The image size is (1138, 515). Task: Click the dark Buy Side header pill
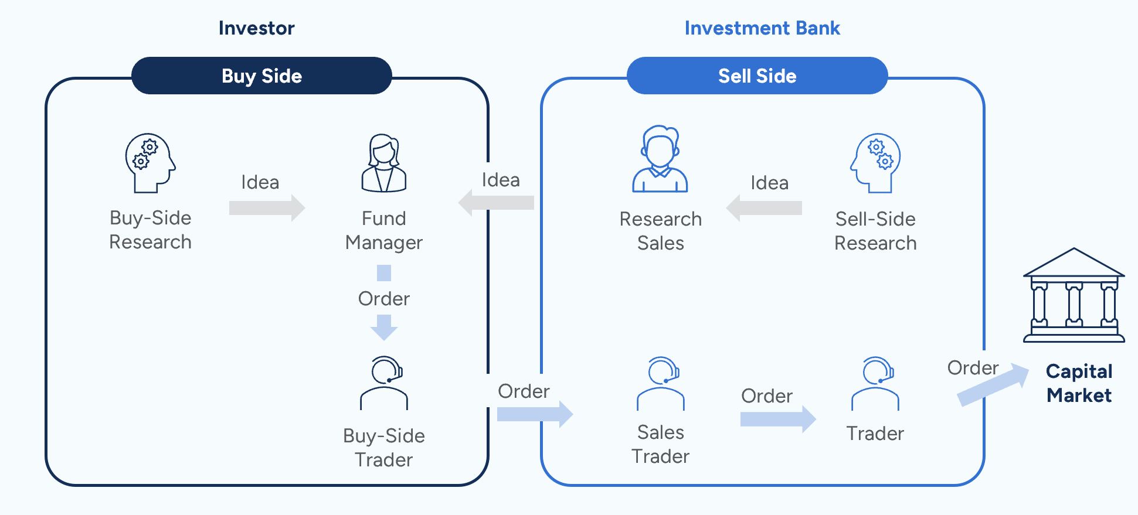(261, 76)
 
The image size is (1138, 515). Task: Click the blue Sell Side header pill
(757, 76)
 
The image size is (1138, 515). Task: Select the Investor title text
(256, 28)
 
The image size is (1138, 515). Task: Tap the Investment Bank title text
(762, 28)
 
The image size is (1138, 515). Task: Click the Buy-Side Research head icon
(150, 163)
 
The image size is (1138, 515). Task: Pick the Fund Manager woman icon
(384, 163)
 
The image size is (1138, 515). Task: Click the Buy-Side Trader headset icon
(384, 383)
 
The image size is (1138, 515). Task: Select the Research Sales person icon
(660, 159)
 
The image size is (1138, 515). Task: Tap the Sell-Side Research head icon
(875, 163)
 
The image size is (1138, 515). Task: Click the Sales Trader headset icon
(661, 383)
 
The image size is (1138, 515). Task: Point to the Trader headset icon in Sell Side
(875, 383)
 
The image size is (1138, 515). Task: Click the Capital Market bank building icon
(1074, 295)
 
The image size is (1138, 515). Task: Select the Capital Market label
(1079, 383)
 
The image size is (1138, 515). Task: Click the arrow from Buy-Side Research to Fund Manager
(267, 207)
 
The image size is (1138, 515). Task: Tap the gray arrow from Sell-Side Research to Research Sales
(764, 207)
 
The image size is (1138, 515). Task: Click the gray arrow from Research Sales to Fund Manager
(496, 203)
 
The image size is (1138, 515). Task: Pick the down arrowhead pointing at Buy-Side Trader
(384, 328)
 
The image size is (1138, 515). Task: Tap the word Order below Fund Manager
(384, 299)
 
